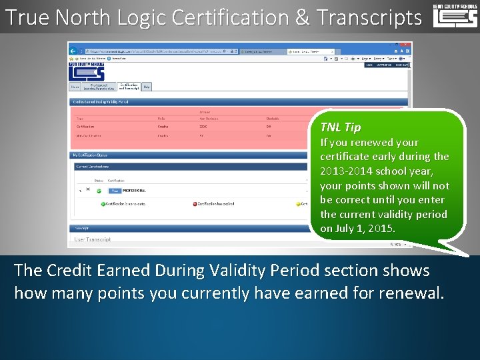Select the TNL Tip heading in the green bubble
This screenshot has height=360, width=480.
click(340, 127)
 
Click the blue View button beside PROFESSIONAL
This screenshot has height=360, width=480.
click(114, 190)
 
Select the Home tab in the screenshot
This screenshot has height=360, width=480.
click(75, 86)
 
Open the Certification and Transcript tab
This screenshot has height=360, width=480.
click(129, 86)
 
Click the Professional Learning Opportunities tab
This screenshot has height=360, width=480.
click(99, 86)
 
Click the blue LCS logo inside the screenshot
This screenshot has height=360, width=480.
click(87, 70)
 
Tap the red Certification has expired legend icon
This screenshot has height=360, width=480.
click(195, 204)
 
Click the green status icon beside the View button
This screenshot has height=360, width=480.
click(99, 190)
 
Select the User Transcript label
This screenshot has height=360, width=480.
click(93, 239)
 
